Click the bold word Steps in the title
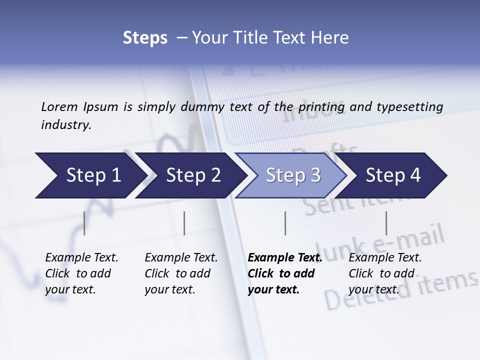pos(145,38)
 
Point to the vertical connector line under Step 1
pos(84,223)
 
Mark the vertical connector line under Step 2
pos(184,223)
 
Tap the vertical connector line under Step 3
pos(285,223)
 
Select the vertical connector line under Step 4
pos(386,223)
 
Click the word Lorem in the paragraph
pos(59,107)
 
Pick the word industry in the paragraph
pos(65,125)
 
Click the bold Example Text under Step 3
pos(285,258)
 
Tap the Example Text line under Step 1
pos(81,258)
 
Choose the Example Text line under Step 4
pos(385,258)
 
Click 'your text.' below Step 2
pos(170,289)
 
